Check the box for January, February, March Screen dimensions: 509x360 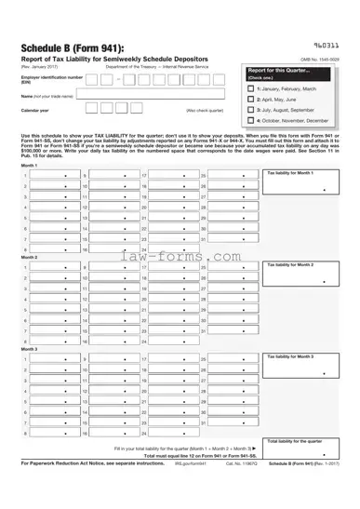(250, 87)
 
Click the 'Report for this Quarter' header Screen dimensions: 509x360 (281, 71)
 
